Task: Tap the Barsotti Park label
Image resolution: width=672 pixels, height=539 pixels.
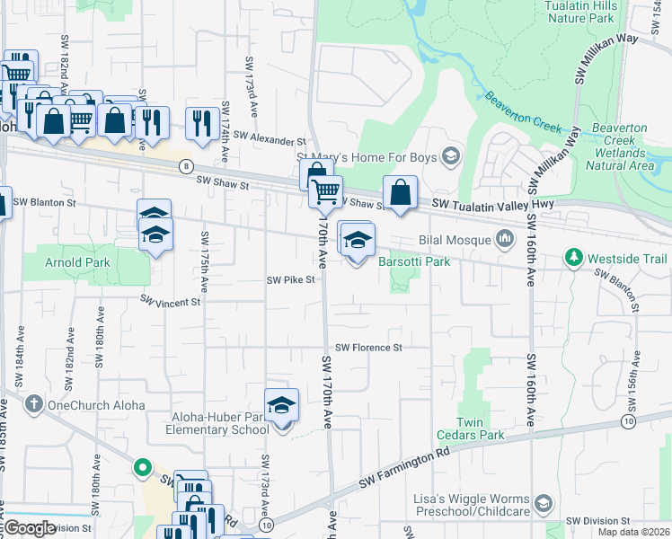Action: pos(413,261)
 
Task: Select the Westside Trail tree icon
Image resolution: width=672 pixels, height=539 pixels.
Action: pos(574,258)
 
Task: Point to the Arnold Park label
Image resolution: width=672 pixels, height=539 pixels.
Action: pos(75,262)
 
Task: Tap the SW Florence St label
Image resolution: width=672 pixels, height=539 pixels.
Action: pos(368,348)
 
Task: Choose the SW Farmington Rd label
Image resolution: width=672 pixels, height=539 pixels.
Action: pos(403,472)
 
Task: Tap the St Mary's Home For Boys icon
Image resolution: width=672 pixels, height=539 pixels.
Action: pos(450,157)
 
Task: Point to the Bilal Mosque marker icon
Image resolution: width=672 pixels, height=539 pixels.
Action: pos(504,239)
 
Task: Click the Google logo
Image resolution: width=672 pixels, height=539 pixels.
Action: pos(30,528)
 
